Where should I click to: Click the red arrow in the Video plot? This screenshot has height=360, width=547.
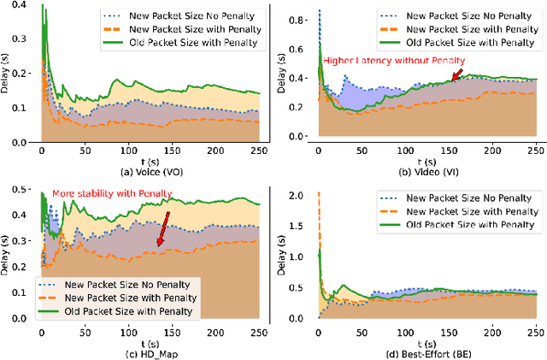tap(456, 76)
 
